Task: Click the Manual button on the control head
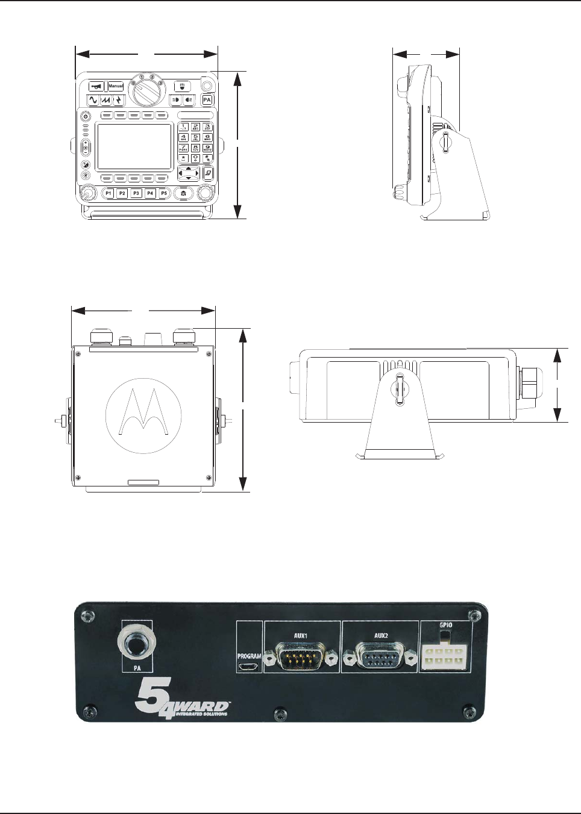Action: pos(116,86)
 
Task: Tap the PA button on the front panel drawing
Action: pos(207,100)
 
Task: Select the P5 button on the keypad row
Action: pos(164,193)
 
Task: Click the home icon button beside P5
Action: pos(183,193)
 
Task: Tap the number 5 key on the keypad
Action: pos(195,137)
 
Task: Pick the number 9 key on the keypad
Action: pos(207,148)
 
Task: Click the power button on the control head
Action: pos(85,116)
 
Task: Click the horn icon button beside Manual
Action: pos(96,86)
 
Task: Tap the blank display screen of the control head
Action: pos(134,146)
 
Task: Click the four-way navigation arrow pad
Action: pos(189,173)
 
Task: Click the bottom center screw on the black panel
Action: pos(280,713)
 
